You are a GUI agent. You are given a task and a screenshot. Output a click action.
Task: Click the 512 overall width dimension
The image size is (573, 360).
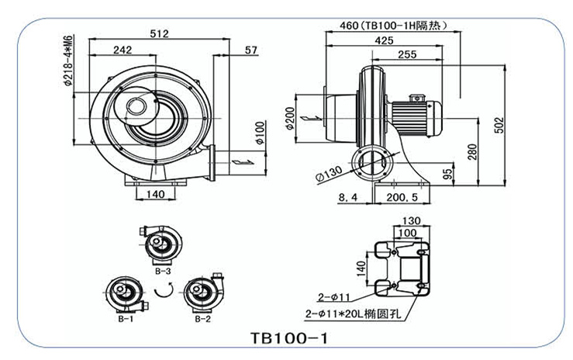click(159, 33)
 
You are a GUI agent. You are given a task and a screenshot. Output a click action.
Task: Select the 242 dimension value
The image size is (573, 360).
click(123, 50)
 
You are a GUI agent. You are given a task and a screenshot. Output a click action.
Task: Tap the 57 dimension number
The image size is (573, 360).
click(251, 50)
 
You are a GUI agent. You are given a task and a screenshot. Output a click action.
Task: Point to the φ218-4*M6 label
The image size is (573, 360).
click(68, 61)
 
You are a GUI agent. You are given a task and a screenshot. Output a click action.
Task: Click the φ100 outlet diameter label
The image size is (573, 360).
click(260, 133)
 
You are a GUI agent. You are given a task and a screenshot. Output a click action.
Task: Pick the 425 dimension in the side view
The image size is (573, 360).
click(384, 40)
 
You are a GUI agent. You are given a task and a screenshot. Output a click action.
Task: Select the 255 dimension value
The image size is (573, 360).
click(407, 54)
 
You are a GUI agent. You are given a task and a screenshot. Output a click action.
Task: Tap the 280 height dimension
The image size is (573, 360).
click(472, 152)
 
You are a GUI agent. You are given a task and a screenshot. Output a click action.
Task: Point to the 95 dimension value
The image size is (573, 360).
click(448, 174)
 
